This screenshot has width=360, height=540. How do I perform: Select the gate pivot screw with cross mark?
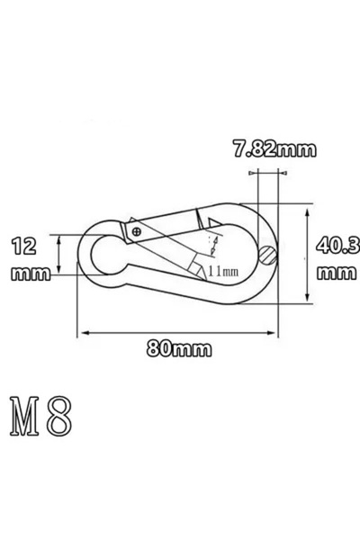coord(136,231)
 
